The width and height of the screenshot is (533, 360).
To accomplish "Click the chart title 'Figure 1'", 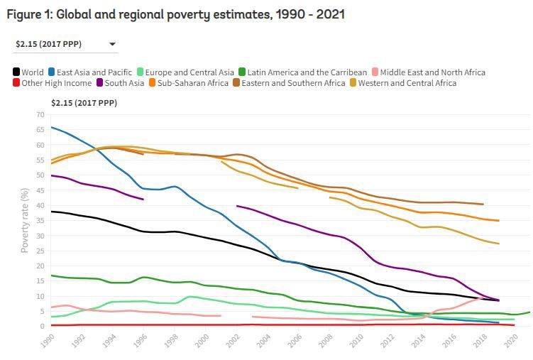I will [x=174, y=14].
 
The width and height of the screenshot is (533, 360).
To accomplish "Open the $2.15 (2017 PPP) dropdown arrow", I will [x=112, y=45].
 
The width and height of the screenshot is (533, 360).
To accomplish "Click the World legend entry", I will [x=28, y=72].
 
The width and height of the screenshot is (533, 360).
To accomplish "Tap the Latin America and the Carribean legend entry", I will [x=303, y=72].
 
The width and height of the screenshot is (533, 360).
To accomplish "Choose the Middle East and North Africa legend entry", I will [x=428, y=72].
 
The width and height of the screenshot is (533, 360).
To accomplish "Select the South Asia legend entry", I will [x=120, y=83].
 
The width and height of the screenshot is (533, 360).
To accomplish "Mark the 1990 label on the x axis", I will [x=47, y=340].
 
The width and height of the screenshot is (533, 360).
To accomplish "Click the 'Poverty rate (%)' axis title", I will [x=25, y=220].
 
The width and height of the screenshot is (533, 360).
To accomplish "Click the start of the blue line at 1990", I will [x=52, y=128].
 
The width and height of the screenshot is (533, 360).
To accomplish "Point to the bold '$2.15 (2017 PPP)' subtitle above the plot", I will [x=84, y=103].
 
